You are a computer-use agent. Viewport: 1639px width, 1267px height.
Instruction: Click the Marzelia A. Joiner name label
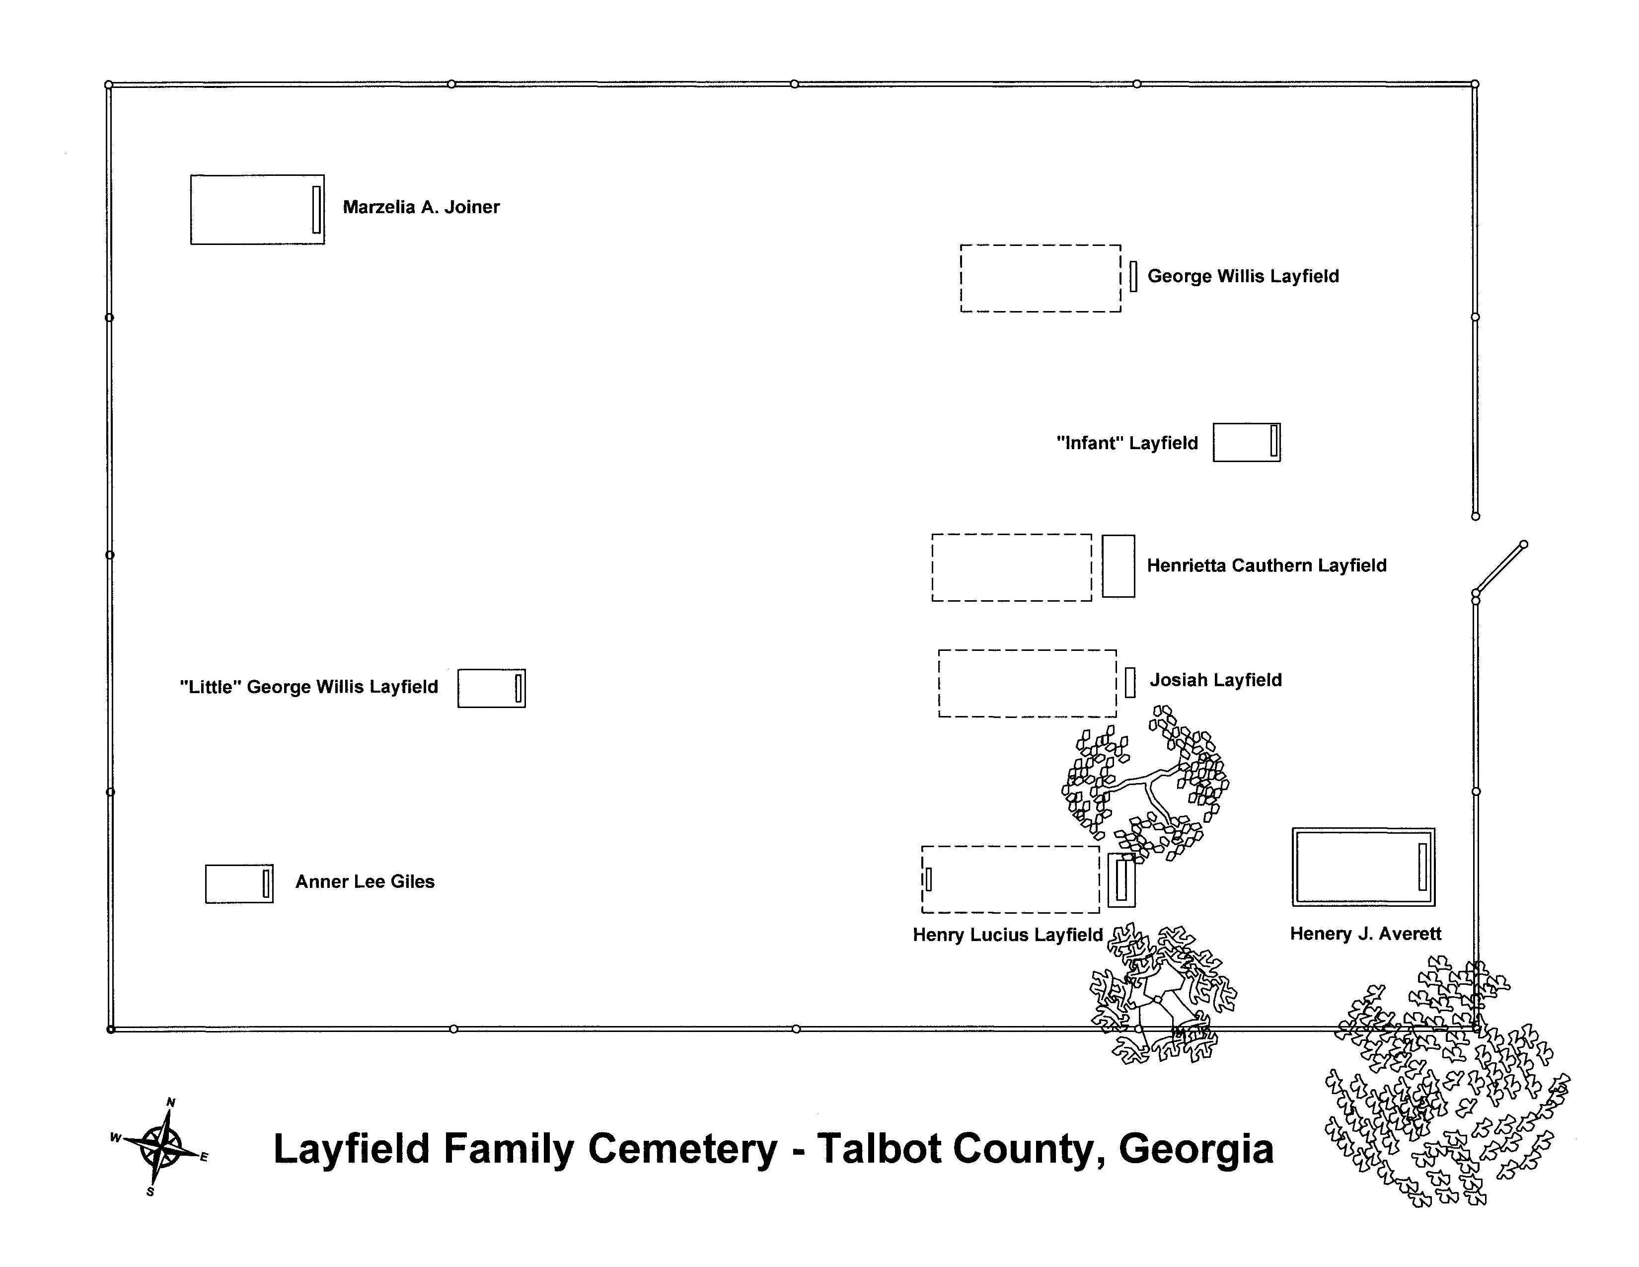coord(421,207)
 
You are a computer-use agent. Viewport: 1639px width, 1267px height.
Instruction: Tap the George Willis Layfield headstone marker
coord(1133,276)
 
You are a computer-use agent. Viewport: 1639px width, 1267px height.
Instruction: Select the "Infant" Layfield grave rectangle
coord(1246,442)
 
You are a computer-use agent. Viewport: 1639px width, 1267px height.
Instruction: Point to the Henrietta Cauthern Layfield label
coord(1266,565)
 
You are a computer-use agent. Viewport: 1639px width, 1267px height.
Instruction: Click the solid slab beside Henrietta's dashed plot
coord(1118,566)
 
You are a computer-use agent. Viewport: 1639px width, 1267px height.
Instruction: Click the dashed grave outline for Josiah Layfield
coord(1027,683)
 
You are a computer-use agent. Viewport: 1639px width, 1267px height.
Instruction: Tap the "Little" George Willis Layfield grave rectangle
coord(492,688)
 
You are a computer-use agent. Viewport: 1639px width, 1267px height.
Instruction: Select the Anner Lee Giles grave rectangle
coord(238,883)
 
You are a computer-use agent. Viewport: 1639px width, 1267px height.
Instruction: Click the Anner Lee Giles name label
coord(365,882)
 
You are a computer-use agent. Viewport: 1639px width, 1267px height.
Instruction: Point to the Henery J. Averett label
coord(1365,934)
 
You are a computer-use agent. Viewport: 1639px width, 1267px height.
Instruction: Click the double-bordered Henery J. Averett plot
coord(1363,867)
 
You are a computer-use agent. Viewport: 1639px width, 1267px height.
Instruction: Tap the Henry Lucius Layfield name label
coord(1007,935)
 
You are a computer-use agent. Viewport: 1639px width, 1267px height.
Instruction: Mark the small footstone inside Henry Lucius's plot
coord(928,879)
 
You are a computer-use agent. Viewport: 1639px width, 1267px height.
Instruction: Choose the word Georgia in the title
coord(1195,1149)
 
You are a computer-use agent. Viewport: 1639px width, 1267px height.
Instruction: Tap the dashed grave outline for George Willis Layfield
coord(1040,278)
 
